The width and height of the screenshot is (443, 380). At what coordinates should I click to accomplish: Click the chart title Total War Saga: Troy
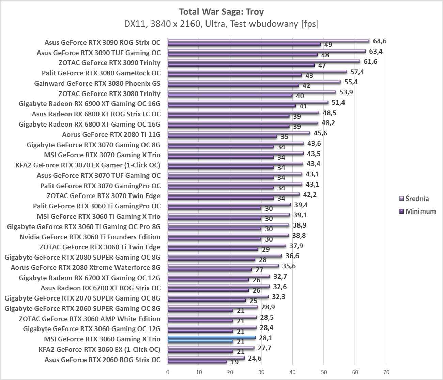pos(221,12)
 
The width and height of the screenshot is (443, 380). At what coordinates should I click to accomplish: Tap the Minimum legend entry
pos(418,211)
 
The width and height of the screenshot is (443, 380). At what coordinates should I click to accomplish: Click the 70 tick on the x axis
pos(386,371)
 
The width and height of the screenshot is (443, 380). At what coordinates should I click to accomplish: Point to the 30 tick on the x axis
pos(261,371)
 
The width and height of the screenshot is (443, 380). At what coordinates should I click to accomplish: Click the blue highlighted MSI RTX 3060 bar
pos(212,338)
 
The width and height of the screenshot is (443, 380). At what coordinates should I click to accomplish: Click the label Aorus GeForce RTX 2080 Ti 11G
pos(111,134)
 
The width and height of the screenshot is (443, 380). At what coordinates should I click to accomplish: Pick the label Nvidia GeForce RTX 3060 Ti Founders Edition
pos(90,237)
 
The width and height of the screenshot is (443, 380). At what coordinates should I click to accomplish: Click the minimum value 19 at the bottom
pos(234,362)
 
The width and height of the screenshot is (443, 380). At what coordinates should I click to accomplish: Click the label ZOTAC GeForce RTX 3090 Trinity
pos(109,63)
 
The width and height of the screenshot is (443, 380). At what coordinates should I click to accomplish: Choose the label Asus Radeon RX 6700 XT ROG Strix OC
pos(100,288)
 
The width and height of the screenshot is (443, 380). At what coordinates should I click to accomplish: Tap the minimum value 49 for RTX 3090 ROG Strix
pos(328,45)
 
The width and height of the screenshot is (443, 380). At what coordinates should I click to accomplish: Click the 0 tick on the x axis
pos(168,371)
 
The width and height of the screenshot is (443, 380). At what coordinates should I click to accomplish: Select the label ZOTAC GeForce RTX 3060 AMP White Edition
pos(90,319)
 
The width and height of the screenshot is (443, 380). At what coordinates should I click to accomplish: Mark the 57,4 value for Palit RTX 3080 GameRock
pos(357,72)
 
